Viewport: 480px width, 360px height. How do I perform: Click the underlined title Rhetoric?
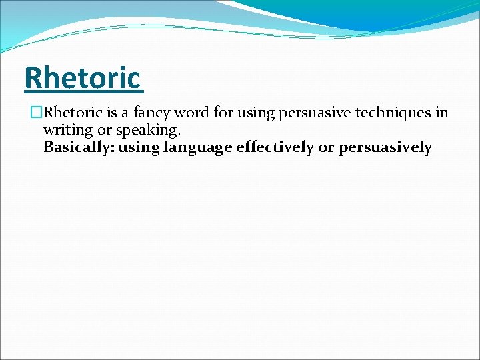tap(83, 78)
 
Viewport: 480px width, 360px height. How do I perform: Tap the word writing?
tap(67, 130)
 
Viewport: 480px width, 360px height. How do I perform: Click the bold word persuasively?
tap(385, 147)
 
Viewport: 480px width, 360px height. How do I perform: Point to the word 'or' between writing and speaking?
tap(104, 130)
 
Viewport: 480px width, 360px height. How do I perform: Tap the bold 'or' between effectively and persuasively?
tap(326, 147)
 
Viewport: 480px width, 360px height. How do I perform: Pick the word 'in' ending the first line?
tap(441, 113)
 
